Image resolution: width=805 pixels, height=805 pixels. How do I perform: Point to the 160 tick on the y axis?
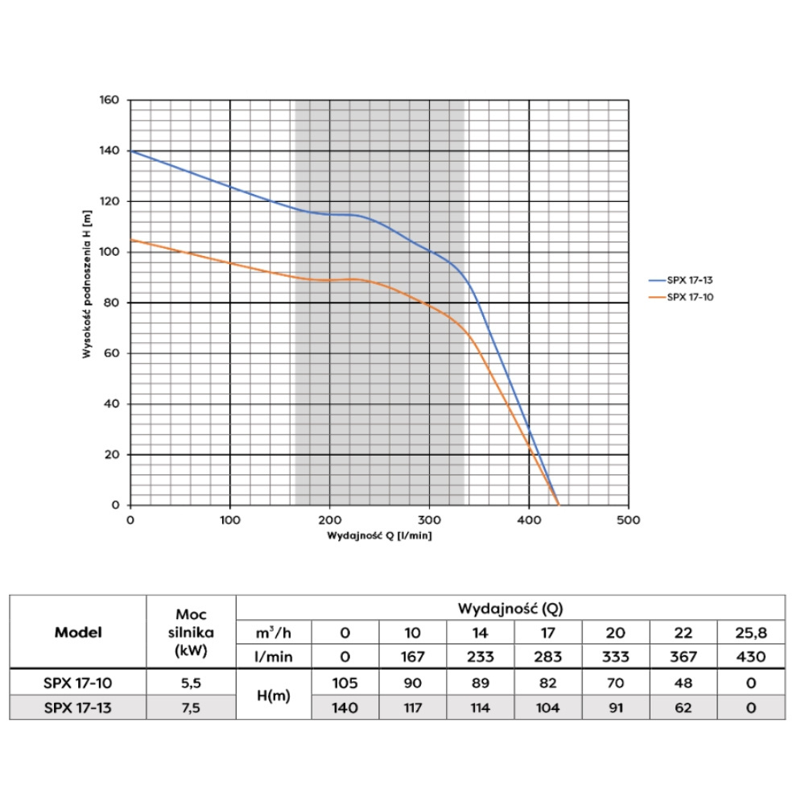(x=109, y=101)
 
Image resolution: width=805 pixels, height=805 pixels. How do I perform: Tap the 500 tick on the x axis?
(x=628, y=520)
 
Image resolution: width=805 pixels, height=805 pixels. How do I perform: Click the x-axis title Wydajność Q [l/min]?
(x=379, y=535)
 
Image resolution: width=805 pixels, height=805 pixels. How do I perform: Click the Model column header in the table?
(x=78, y=632)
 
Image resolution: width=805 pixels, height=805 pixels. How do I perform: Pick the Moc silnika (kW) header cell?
(x=191, y=632)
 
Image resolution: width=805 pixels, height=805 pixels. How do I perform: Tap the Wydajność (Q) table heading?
(x=510, y=607)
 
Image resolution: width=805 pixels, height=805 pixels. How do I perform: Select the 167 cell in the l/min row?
(x=411, y=657)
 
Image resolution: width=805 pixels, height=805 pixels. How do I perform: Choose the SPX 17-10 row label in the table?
(x=78, y=683)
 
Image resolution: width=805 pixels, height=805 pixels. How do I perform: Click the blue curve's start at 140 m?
(x=131, y=151)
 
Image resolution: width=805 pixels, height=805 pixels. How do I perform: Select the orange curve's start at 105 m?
(x=131, y=240)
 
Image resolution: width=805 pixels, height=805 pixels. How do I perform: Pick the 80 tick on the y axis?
(x=113, y=303)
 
